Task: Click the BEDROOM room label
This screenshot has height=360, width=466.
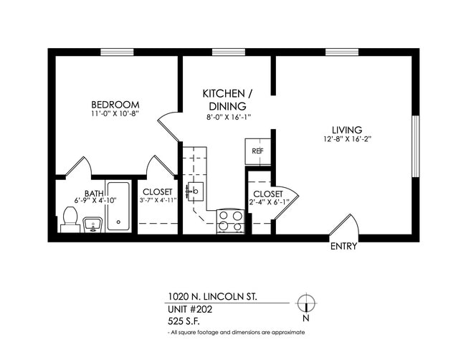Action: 115,104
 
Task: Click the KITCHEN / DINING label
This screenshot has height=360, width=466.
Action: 227,100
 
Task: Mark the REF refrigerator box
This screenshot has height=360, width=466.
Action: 257,151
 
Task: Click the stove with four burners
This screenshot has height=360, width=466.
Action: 230,220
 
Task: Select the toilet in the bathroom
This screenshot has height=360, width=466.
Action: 70,219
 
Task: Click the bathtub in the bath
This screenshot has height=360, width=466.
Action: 118,207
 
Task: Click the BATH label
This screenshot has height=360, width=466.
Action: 94,193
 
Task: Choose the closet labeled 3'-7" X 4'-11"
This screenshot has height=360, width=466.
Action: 157,196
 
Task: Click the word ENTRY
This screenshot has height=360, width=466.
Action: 343,247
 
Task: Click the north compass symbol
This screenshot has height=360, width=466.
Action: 306,303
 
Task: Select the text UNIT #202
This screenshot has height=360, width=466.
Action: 190,310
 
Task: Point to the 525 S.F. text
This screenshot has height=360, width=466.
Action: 183,322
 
